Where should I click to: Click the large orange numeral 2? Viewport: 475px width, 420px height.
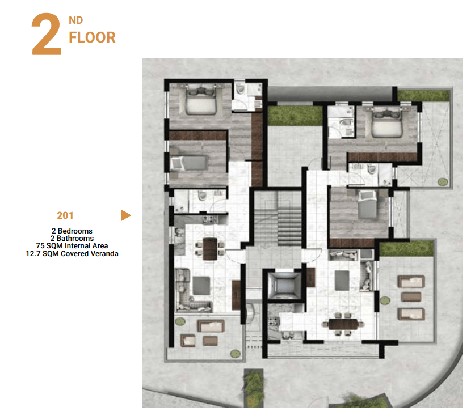pyautogui.click(x=46, y=34)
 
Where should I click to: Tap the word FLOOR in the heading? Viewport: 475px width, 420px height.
pyautogui.click(x=92, y=37)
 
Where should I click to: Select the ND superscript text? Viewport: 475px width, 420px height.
pyautogui.click(x=75, y=20)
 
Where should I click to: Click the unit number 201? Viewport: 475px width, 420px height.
pyautogui.click(x=65, y=215)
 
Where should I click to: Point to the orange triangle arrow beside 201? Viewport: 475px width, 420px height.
pyautogui.click(x=125, y=215)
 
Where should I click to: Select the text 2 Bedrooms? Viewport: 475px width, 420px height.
pyautogui.click(x=72, y=231)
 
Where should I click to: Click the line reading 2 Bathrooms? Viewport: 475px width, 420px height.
pyautogui.click(x=72, y=239)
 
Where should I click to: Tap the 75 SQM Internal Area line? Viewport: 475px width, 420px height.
pyautogui.click(x=72, y=245)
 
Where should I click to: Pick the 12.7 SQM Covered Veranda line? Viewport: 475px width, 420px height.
pyautogui.click(x=72, y=253)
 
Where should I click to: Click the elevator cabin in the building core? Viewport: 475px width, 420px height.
pyautogui.click(x=284, y=285)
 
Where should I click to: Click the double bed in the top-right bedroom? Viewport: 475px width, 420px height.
pyautogui.click(x=387, y=122)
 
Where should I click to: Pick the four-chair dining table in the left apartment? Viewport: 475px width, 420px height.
pyautogui.click(x=209, y=249)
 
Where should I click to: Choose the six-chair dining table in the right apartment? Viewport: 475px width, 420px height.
pyautogui.click(x=343, y=324)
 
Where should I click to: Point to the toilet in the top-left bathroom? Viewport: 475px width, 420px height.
pyautogui.click(x=241, y=89)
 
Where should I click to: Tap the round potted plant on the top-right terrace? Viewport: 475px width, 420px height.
pyautogui.click(x=443, y=182)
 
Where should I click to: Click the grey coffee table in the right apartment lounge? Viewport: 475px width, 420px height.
pyautogui.click(x=342, y=280)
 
